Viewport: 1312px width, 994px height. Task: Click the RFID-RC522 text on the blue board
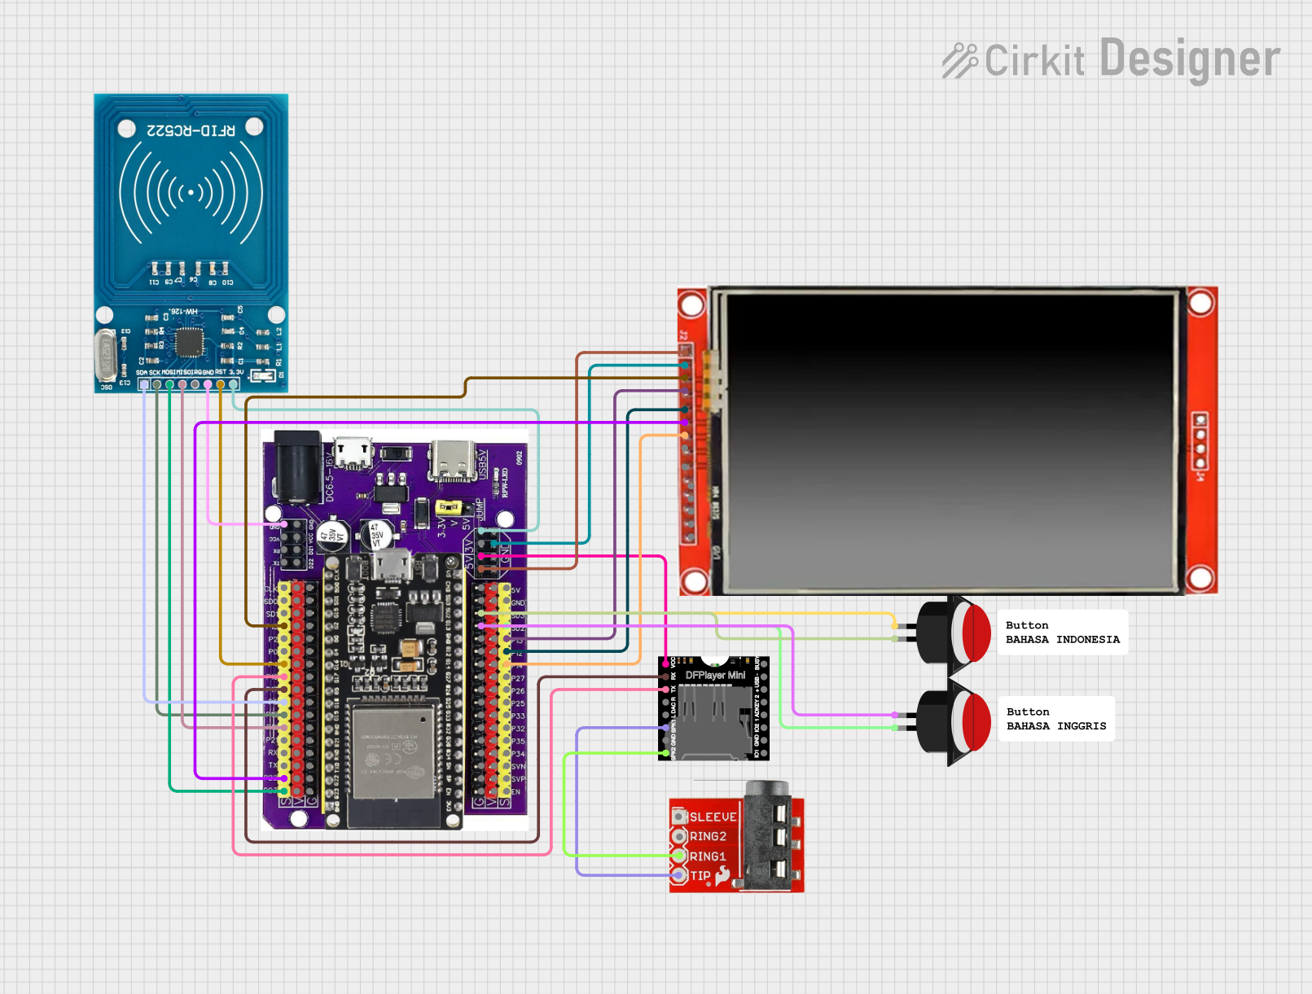pos(191,130)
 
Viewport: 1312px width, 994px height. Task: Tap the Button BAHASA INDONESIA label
pos(1062,633)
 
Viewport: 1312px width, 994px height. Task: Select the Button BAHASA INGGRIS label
pos(1055,719)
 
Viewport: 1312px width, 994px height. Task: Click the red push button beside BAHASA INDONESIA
pos(974,632)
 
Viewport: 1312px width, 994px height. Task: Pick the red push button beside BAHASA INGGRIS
pos(974,720)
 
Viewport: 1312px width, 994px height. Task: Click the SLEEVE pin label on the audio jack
pos(713,817)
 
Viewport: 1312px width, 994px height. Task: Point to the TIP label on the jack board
pos(700,876)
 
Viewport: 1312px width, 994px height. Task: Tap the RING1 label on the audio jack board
pos(707,856)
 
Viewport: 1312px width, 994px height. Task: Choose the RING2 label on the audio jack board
pos(707,836)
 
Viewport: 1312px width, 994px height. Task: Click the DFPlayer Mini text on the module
pos(715,675)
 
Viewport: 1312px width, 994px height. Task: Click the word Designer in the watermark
pos(1189,59)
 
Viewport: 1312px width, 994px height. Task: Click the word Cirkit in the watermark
pos(1033,61)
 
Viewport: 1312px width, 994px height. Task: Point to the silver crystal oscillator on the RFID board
pos(106,355)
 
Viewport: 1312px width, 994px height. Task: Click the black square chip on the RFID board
pos(190,342)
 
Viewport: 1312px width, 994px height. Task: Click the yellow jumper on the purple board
pos(448,507)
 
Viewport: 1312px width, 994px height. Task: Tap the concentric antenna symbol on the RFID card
pos(191,193)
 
